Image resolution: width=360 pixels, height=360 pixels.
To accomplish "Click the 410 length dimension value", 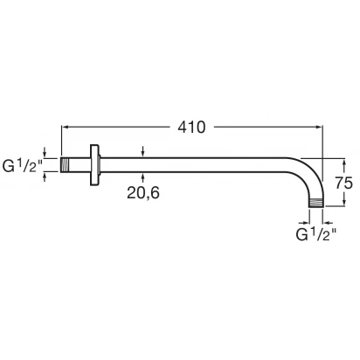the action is (191, 128).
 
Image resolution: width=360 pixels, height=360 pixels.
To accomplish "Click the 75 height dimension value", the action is (343, 183).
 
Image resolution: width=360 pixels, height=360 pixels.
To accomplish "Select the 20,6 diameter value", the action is (143, 192).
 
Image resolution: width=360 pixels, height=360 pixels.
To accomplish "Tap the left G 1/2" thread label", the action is (23, 165).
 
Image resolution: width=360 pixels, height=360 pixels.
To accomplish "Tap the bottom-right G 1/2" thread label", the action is (316, 234).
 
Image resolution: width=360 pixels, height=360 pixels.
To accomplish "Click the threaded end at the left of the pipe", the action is (66, 165).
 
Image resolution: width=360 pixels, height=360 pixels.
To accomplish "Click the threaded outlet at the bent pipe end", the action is (316, 203).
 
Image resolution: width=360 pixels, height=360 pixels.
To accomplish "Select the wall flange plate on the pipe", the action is (94, 165).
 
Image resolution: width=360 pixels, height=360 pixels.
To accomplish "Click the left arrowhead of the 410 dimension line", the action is (64, 127).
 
